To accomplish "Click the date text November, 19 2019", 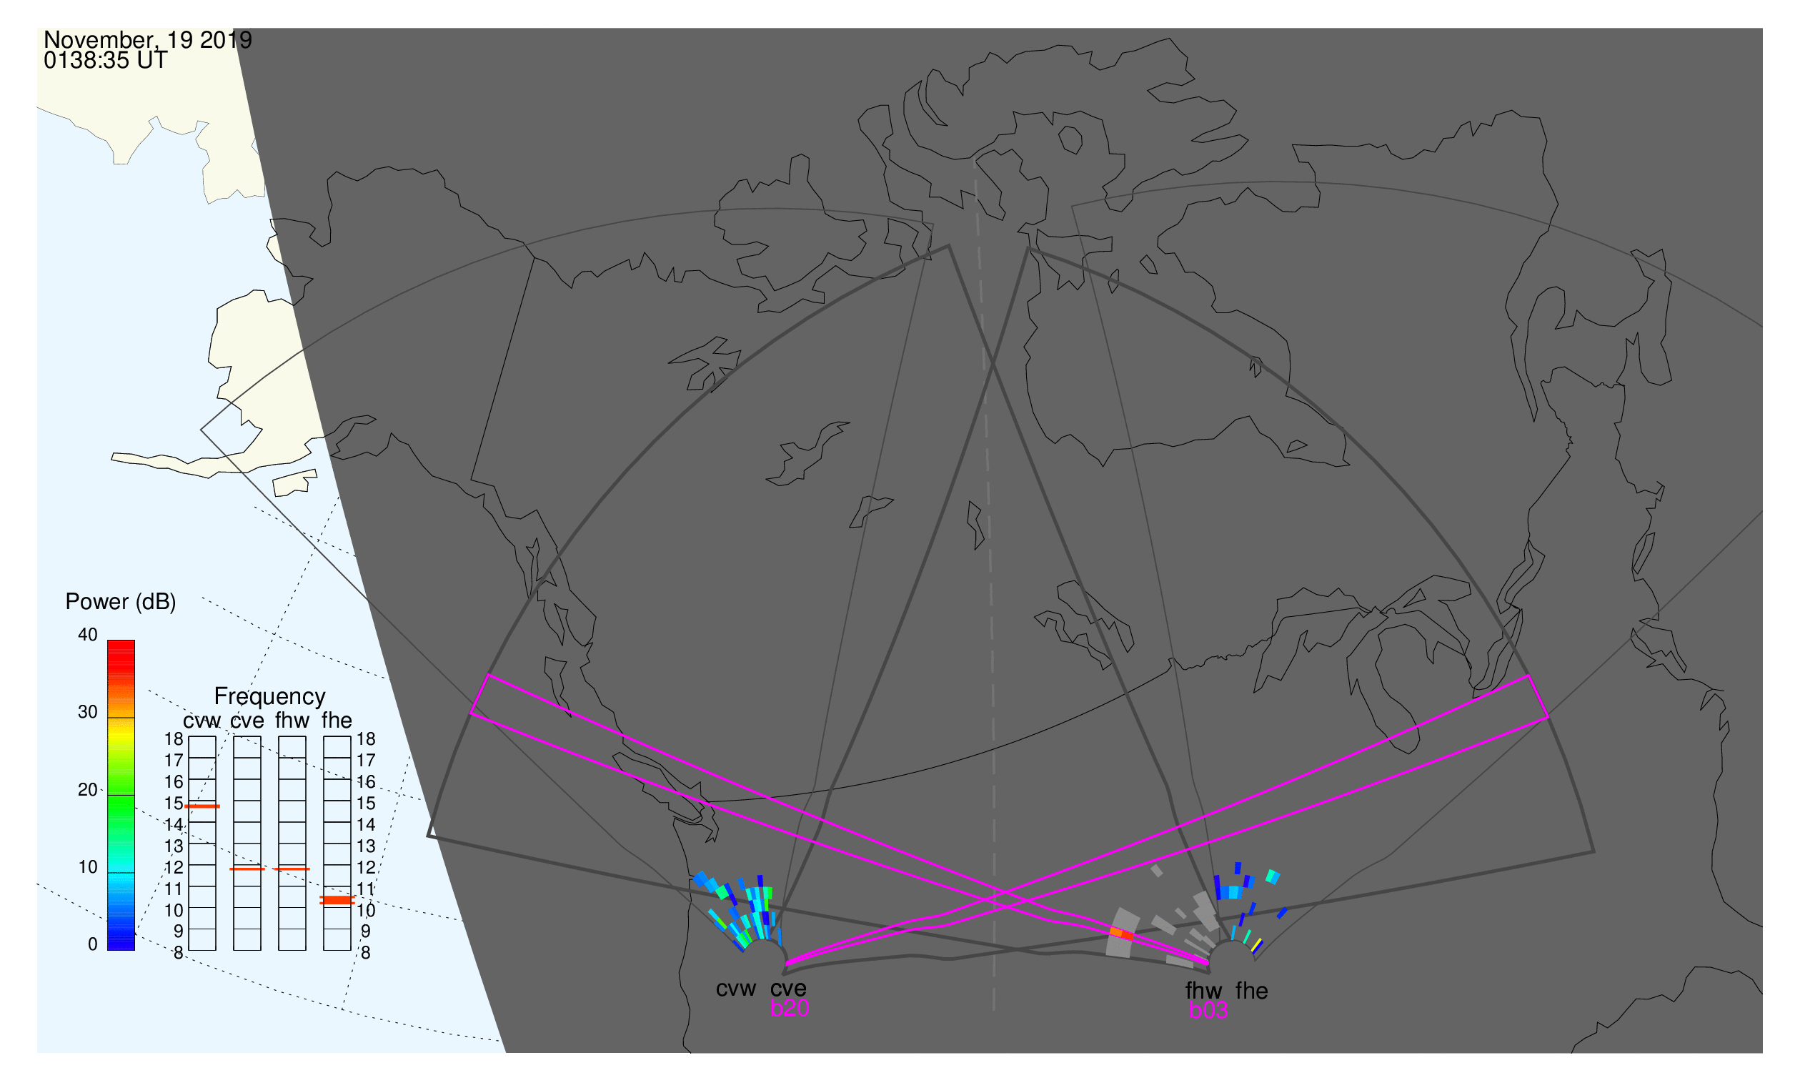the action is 147,39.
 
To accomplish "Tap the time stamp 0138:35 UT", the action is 106,61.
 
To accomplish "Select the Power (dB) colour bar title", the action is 121,603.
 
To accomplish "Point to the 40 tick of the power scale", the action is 88,635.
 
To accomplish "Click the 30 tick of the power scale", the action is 88,713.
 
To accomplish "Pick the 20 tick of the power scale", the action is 88,790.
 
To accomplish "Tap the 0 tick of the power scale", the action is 93,945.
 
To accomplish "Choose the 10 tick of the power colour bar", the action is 88,868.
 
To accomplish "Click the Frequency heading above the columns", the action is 270,697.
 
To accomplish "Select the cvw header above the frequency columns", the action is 202,721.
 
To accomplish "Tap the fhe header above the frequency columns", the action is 337,721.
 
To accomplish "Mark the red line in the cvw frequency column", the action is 202,807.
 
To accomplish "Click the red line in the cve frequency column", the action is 247,869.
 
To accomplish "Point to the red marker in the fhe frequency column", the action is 337,900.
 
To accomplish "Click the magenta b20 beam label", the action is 790,1009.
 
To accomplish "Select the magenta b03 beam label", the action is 1208,1011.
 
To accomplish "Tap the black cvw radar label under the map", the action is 736,989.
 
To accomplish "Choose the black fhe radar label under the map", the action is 1252,992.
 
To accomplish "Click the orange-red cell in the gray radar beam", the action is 1122,934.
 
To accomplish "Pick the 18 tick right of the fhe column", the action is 366,739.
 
